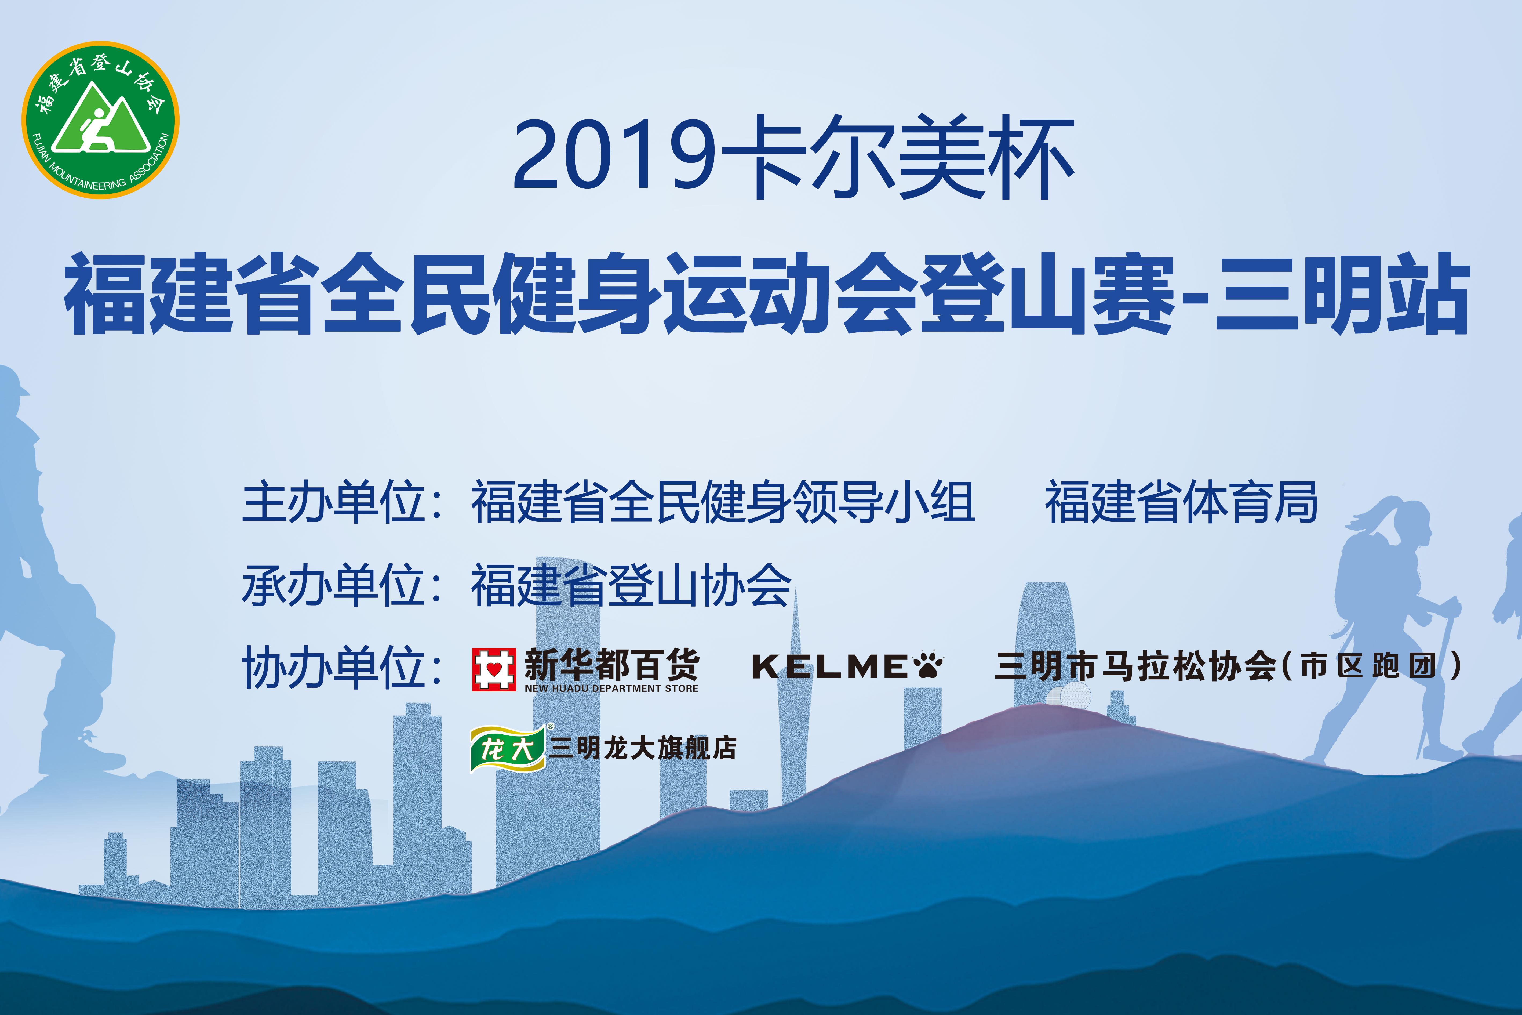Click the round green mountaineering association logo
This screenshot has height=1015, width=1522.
(x=100, y=120)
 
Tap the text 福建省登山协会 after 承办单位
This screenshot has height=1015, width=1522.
(x=631, y=585)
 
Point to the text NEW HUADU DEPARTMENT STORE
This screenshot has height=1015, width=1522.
(x=611, y=688)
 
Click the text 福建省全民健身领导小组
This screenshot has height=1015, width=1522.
(x=723, y=502)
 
